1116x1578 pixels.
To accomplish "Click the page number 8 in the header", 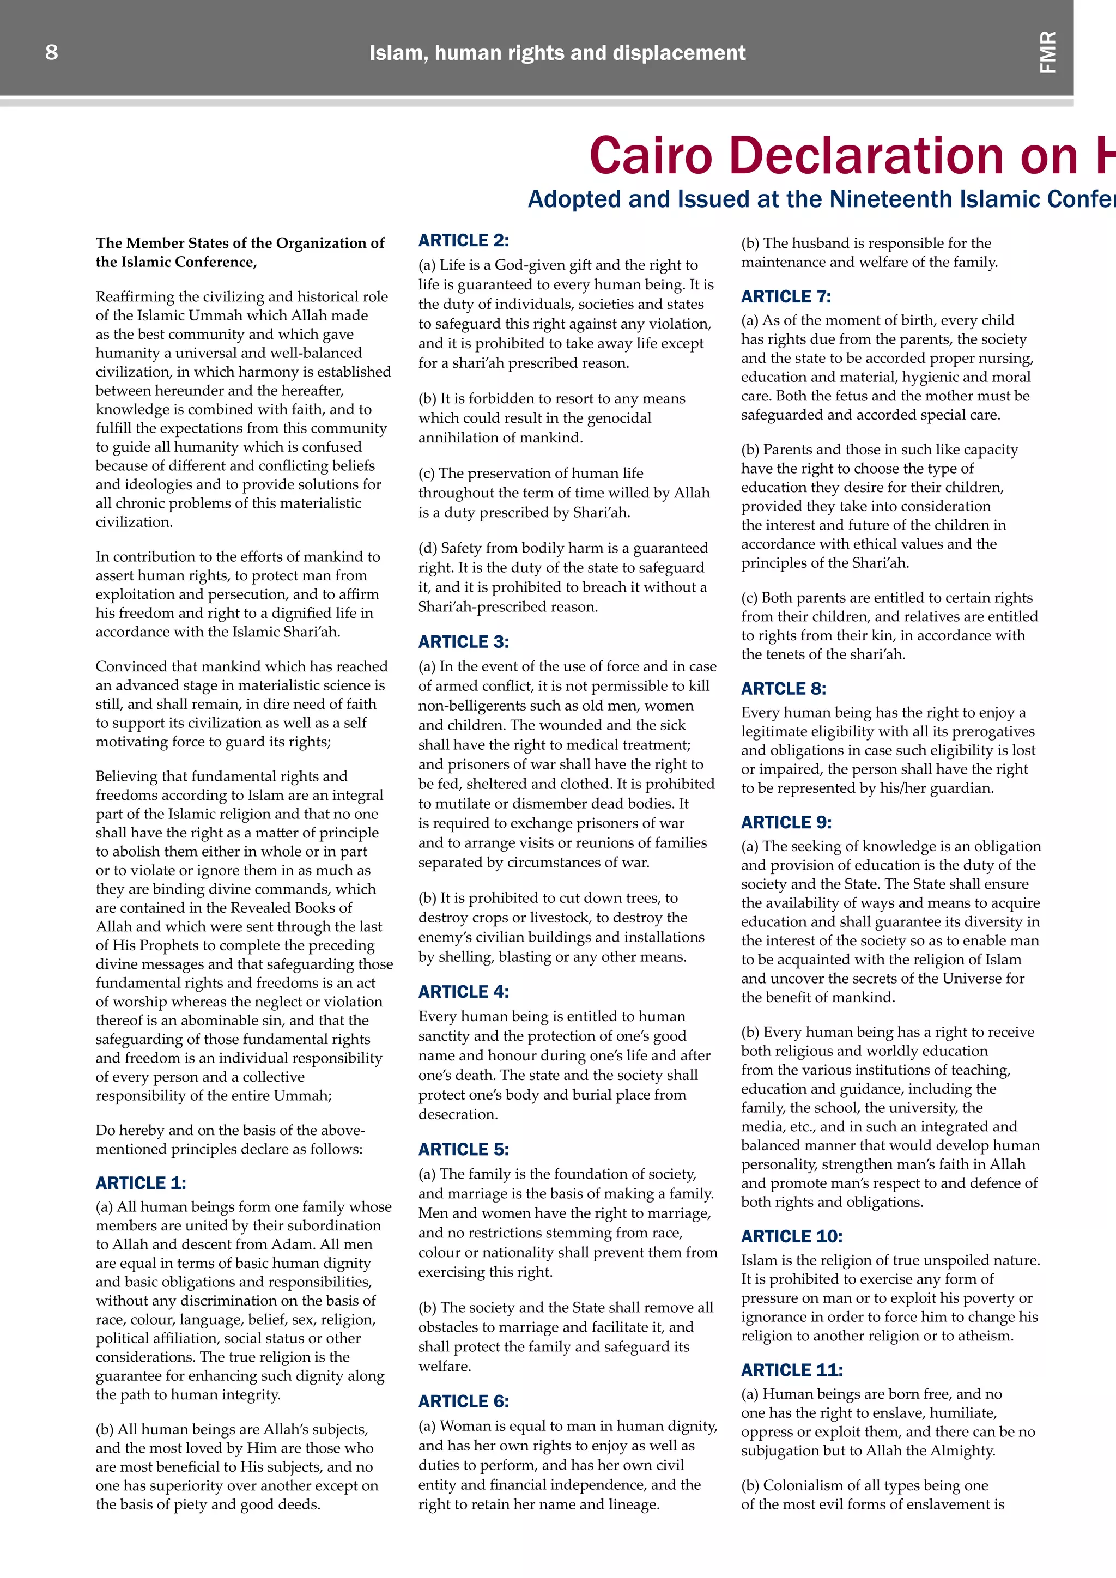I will click(52, 52).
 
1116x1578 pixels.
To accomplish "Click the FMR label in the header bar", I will click(1048, 52).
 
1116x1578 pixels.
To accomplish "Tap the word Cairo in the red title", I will click(650, 155).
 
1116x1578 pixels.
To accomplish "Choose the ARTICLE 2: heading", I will click(464, 240).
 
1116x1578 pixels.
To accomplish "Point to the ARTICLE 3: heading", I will click(464, 642).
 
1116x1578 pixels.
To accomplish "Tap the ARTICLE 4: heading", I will click(464, 992).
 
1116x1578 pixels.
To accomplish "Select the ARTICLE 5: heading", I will click(464, 1149).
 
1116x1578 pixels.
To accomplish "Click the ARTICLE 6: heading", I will click(464, 1401).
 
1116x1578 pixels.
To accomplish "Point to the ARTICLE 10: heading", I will click(792, 1236).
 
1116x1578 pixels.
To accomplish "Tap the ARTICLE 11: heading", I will click(792, 1370).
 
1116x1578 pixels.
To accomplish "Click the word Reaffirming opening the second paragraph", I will click(134, 297).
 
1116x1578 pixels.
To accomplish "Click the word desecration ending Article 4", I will click(457, 1114).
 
